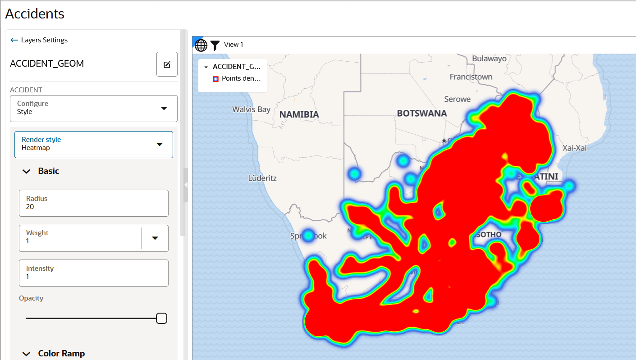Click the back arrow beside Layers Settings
click(x=14, y=40)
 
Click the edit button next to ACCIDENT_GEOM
click(x=167, y=64)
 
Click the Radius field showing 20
click(x=94, y=203)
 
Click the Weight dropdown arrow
click(x=155, y=238)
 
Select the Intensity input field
click(x=94, y=273)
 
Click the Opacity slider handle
click(x=161, y=319)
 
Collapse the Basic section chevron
click(x=27, y=171)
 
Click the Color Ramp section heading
click(x=61, y=353)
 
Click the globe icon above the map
click(x=201, y=45)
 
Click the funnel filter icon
click(x=215, y=45)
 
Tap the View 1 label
click(x=233, y=45)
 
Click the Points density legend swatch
click(x=215, y=78)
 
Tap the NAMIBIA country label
click(x=299, y=114)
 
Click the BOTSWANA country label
click(x=421, y=113)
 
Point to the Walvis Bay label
click(x=251, y=109)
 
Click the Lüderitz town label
click(x=262, y=178)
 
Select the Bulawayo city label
click(x=489, y=59)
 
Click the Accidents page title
click(x=35, y=14)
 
